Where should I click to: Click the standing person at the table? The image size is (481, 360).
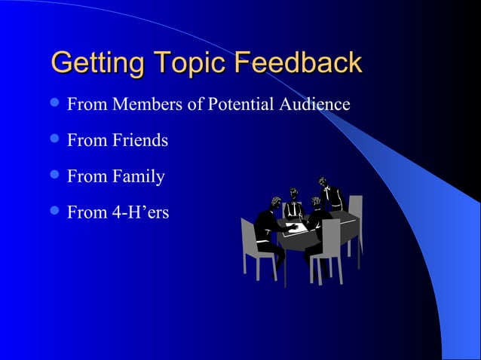[x=329, y=196]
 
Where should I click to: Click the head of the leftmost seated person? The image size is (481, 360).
[x=275, y=203]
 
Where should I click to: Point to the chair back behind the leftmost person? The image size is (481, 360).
[x=249, y=237]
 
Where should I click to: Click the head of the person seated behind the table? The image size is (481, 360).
[x=294, y=192]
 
